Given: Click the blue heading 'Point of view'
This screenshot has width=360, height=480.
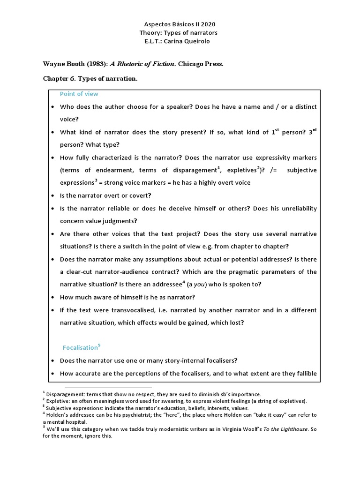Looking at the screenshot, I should [79, 94].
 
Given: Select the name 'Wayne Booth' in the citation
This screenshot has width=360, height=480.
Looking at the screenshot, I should [63, 64].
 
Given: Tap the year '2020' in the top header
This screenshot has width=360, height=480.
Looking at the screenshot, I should [208, 24].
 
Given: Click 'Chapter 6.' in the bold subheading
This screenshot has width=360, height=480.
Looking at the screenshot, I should [60, 79].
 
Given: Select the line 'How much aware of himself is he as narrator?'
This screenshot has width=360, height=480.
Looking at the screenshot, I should [127, 297].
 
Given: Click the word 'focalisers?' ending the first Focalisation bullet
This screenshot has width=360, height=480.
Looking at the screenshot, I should [220, 361].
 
